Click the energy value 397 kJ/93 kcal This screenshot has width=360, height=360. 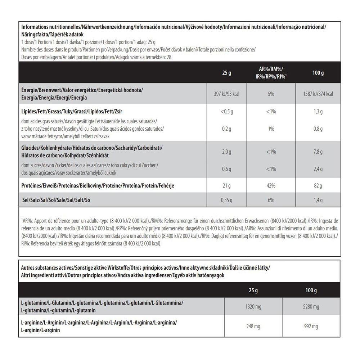coord(227,94)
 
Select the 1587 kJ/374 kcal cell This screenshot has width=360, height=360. coord(318,94)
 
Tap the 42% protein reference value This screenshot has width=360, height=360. coord(271,186)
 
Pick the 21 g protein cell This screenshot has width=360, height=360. coord(227,186)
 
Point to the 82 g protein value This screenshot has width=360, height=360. coord(318,186)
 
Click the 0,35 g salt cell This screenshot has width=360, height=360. coord(227,200)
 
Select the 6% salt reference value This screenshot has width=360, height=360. coord(271,200)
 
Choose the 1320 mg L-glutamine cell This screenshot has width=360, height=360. coord(253,307)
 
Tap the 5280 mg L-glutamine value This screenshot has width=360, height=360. coord(311,307)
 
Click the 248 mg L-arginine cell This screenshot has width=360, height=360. coord(253,327)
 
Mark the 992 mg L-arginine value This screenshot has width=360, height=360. coord(311,327)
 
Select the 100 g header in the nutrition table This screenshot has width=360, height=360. coord(318,73)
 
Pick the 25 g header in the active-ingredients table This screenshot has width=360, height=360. coord(253,290)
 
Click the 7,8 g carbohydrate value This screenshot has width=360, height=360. coord(318,152)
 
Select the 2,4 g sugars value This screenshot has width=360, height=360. coord(318,169)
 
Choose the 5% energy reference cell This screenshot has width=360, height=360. coord(271,94)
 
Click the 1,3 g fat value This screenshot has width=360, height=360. coord(318,112)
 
